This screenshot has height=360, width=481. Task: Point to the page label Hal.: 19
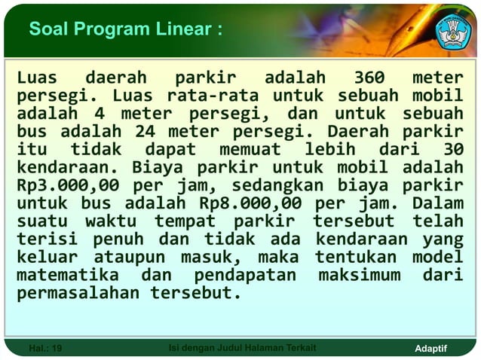45,348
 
